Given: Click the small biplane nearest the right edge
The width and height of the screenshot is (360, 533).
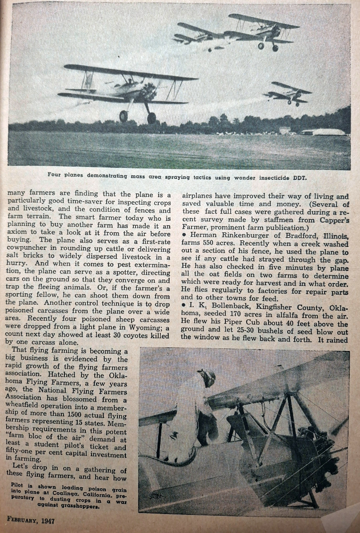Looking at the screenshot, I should pyautogui.click(x=289, y=93).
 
